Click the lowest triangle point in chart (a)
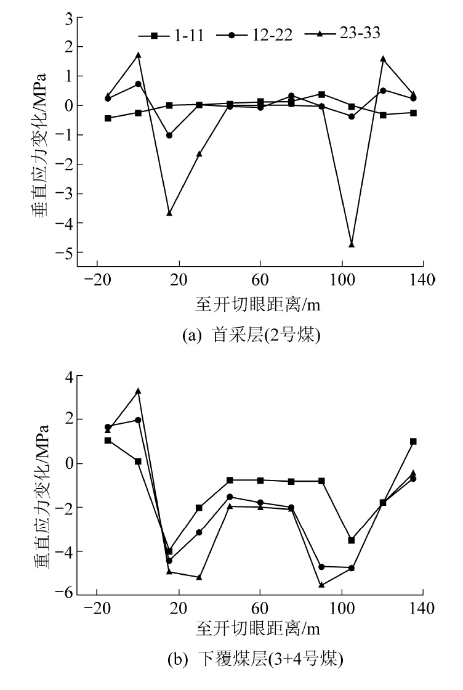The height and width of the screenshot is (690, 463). coord(352,245)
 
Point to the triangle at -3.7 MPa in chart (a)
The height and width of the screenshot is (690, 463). coord(169,213)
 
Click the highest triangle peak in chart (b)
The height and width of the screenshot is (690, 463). coord(139,391)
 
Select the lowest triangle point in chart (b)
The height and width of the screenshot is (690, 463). coord(321,585)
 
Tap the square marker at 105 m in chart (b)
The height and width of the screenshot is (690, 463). coord(352,540)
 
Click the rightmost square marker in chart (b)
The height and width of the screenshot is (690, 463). coord(413,441)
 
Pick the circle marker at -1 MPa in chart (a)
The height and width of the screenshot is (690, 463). coord(169,135)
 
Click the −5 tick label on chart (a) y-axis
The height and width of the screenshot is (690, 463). coord(64,253)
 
